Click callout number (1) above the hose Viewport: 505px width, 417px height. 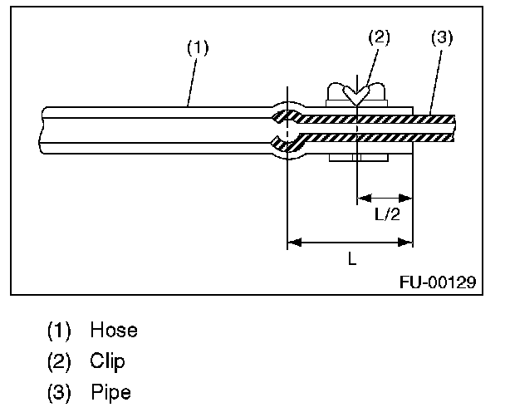(x=197, y=48)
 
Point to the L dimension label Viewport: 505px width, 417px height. (x=351, y=259)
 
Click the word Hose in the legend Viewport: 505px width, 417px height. (x=115, y=330)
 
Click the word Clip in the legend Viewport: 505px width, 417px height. (x=110, y=361)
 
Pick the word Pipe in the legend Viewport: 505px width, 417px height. (x=111, y=392)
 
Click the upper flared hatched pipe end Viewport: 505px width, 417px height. (x=291, y=114)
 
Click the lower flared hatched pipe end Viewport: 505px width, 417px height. (x=290, y=145)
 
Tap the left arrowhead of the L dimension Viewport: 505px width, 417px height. (x=292, y=243)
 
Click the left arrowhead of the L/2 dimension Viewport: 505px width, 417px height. (x=362, y=198)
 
